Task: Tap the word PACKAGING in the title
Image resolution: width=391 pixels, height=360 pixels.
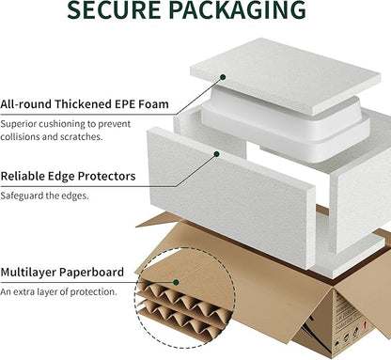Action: (238, 9)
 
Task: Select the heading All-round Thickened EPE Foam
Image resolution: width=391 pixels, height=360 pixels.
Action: (85, 104)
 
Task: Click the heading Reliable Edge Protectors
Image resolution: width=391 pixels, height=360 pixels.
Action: (68, 176)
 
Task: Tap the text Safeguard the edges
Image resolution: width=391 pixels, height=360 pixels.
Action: (44, 196)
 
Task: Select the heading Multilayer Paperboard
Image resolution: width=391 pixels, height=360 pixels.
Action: (62, 272)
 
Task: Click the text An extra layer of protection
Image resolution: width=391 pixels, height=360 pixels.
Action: (58, 291)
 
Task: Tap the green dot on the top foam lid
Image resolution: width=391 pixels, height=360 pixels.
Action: (223, 77)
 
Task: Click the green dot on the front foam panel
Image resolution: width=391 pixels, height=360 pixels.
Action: (216, 154)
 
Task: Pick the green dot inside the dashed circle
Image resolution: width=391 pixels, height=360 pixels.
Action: (176, 282)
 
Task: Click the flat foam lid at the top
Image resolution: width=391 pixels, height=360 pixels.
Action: (285, 75)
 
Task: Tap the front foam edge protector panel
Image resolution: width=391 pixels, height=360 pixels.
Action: (231, 197)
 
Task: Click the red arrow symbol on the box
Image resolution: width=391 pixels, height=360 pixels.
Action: (365, 324)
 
